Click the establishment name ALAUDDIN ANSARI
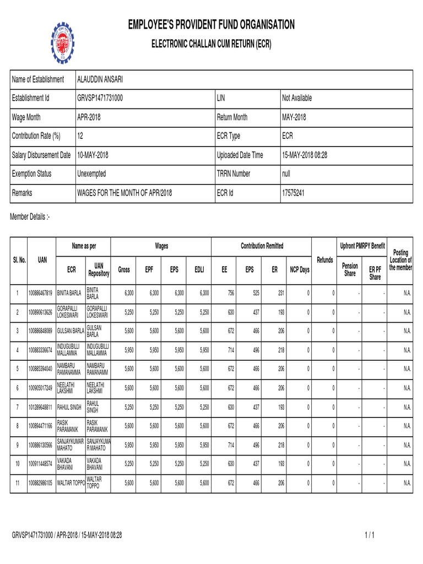pos(100,80)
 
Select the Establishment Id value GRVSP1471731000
pos(108,98)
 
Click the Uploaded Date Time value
pos(305,155)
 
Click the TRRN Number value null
pos(287,173)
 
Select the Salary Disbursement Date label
pos(41,155)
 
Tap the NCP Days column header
pos(299,270)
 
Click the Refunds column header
pos(324,259)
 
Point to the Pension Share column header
pos(350,270)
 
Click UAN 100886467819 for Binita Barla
pos(41,292)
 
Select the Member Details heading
pos(30,218)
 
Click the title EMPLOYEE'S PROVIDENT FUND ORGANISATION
pos(211,24)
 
